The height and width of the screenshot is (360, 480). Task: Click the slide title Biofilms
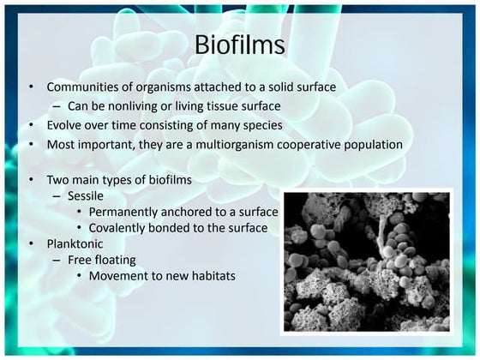point(240,44)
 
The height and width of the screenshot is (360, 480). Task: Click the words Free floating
point(101,260)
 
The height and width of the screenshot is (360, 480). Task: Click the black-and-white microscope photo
point(366,261)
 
